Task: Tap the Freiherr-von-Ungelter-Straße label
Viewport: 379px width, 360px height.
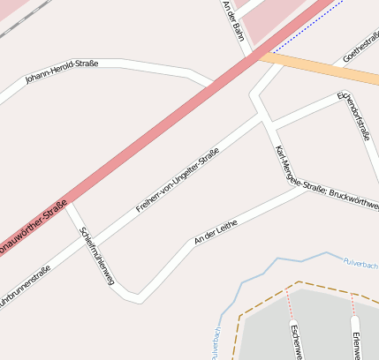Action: pos(177,181)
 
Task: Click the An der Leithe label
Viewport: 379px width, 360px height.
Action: pos(216,233)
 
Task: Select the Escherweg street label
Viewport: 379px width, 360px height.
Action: pos(296,341)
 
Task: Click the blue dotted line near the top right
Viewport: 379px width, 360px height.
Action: pos(305,28)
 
